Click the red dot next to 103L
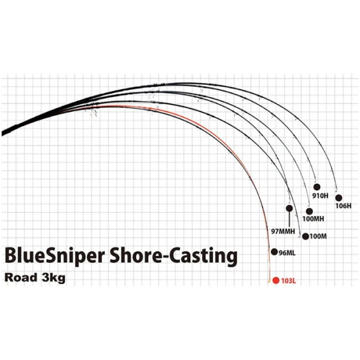276,280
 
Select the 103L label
289,281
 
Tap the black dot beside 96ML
274,252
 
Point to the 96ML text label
287,253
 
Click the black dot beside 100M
306,236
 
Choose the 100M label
318,236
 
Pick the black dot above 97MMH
289,208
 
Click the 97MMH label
283,231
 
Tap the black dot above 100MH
309,211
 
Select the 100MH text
313,219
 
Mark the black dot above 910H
317,187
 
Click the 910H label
320,196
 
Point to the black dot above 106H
338,198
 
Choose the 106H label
344,206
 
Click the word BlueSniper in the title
54,256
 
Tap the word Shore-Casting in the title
173,256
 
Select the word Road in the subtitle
21,278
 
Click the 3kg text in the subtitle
54,278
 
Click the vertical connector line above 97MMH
289,219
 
